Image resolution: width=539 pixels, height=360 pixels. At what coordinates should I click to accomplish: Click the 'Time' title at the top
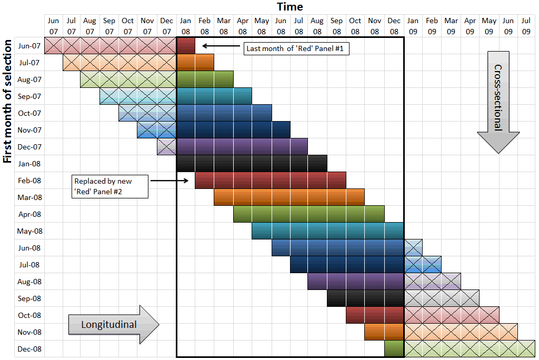point(290,6)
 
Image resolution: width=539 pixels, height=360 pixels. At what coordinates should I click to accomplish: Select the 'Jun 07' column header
point(53,26)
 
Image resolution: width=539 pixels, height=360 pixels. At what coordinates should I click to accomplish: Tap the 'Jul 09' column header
point(526,26)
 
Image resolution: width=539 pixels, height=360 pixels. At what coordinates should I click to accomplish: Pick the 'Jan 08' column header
point(185,26)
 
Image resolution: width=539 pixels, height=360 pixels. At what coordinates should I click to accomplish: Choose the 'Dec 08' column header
point(394,26)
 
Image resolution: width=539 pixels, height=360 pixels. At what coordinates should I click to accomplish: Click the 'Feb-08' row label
point(29,181)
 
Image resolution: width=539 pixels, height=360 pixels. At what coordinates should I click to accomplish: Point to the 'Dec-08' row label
point(29,349)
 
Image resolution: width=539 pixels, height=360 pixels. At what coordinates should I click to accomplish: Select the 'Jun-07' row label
point(29,46)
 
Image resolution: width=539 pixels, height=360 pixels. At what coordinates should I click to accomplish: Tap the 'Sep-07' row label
point(29,96)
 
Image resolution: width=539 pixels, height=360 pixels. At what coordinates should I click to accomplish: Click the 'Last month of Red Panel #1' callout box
point(297,49)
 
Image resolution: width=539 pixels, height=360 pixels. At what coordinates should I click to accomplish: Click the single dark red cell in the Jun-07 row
point(186,46)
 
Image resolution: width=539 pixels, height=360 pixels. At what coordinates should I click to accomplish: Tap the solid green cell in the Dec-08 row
point(394,349)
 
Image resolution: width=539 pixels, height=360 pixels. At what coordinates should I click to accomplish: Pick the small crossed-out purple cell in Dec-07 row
point(166,147)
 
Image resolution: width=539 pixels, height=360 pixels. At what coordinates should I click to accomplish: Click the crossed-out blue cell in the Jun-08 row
point(413,248)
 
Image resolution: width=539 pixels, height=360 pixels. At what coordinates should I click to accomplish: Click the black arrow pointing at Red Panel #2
point(169,181)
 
